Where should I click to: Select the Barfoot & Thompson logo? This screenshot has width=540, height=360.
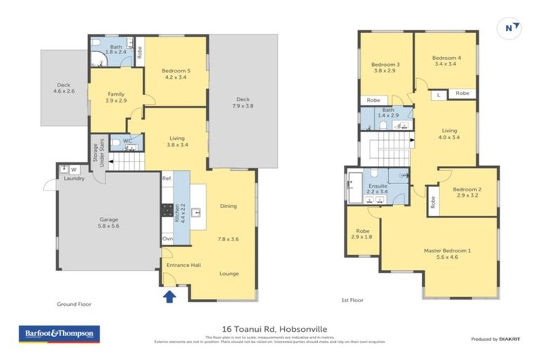pos(59,333)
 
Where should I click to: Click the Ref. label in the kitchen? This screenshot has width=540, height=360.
pos(167,179)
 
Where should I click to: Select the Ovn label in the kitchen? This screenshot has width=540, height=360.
pos(167,239)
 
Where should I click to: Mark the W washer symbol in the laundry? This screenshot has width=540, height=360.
pos(73,169)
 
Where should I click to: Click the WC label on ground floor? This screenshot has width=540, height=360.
pos(127,141)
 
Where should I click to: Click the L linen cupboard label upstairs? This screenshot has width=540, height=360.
pos(438,94)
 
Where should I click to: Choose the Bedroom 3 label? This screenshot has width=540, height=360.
pos(385,68)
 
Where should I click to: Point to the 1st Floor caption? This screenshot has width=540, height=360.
pos(352,301)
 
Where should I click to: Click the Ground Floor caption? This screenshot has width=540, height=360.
pos(74,304)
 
